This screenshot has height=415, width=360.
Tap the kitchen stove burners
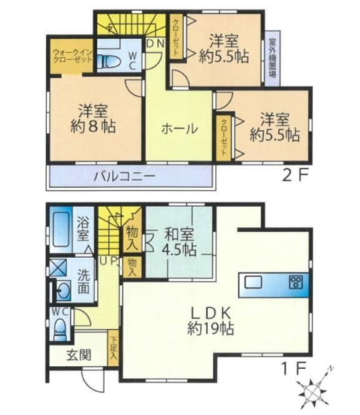click(296, 282)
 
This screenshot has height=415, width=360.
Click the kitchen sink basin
click(253, 282)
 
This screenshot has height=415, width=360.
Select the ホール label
click(180, 129)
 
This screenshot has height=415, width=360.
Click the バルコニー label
click(124, 177)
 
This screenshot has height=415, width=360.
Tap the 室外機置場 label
click(273, 59)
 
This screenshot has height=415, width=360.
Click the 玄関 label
click(79, 355)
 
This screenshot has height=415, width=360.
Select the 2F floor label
click(296, 176)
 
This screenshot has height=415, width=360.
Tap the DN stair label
click(155, 44)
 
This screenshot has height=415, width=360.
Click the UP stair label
click(109, 261)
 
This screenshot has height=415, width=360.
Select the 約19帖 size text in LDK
click(210, 329)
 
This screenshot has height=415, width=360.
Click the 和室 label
click(180, 235)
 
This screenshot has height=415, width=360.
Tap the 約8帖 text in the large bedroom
click(93, 127)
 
